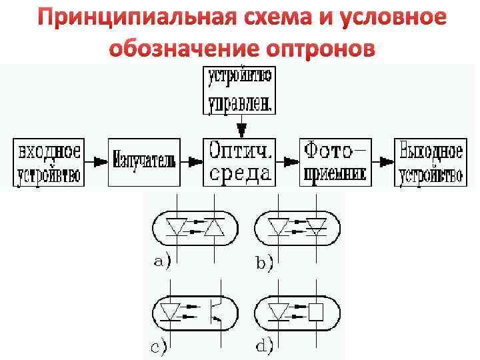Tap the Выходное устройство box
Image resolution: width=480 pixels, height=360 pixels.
pyautogui.click(x=429, y=162)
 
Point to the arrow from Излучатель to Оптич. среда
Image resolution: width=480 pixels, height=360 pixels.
pyautogui.click(x=192, y=161)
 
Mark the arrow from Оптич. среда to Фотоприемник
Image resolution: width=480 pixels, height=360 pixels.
pyautogui.click(x=287, y=161)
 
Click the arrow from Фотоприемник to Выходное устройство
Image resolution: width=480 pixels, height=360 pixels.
pyautogui.click(x=383, y=161)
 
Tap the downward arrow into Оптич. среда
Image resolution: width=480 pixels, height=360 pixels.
pyautogui.click(x=241, y=126)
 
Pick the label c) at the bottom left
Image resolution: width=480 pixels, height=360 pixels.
pyautogui.click(x=158, y=345)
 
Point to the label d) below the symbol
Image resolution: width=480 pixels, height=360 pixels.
pyautogui.click(x=264, y=345)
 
